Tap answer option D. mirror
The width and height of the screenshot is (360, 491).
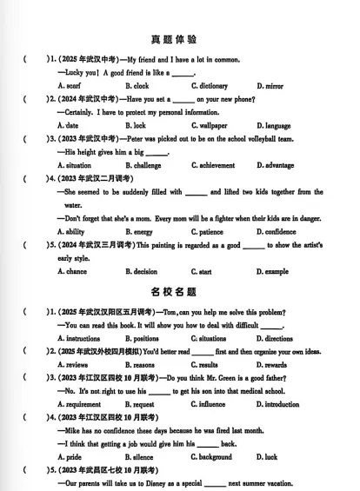coord(270,86)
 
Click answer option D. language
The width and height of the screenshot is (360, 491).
coord(274,126)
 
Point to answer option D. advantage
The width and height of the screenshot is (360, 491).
coord(276,165)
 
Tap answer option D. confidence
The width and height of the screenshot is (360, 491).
coord(277,232)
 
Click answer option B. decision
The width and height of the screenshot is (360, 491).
coord(142,272)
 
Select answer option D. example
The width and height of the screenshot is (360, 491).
coord(273,272)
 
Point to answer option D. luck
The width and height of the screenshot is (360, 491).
coord(268,456)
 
